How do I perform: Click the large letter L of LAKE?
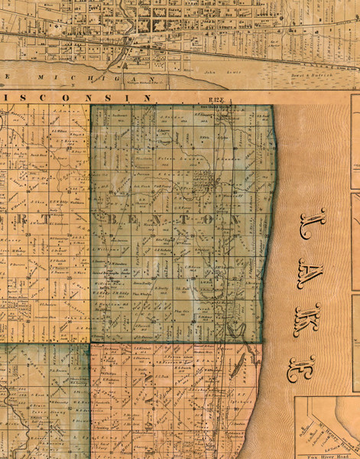click(x=313, y=226)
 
